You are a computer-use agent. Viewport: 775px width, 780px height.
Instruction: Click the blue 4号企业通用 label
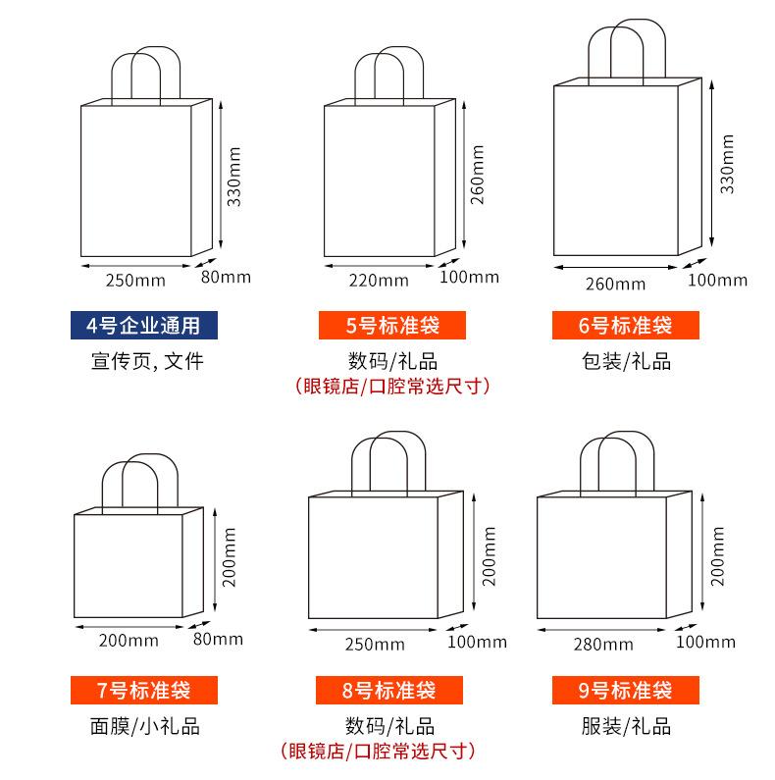pyautogui.click(x=143, y=326)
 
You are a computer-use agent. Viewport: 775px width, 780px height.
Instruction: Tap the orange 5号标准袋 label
pyautogui.click(x=390, y=326)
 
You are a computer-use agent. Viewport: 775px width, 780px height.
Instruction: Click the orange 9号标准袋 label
pyautogui.click(x=625, y=690)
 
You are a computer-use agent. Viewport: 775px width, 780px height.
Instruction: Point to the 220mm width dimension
pyautogui.click(x=379, y=280)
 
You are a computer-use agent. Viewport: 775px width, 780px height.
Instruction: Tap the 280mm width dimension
pyautogui.click(x=602, y=645)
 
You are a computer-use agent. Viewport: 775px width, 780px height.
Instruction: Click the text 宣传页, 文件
pyautogui.click(x=143, y=361)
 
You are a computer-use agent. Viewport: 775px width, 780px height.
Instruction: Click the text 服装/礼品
pyautogui.click(x=625, y=726)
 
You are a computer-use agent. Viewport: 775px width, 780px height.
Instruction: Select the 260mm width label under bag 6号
pyautogui.click(x=616, y=285)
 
